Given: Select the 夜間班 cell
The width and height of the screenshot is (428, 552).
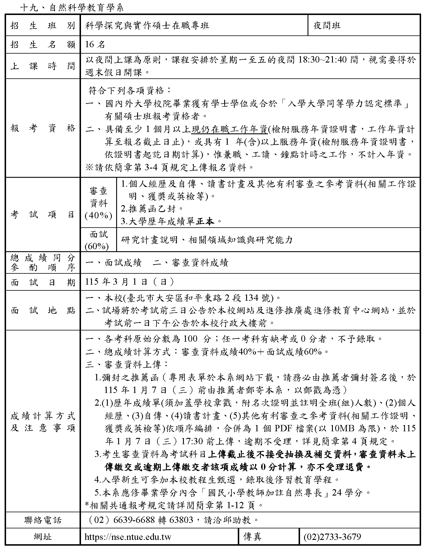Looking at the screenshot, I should point(327,26).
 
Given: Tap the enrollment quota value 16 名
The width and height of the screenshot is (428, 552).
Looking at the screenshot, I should point(95,45).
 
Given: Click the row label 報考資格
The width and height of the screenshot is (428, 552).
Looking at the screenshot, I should point(43,128).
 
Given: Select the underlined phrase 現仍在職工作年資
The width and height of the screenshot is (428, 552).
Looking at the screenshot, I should point(229,130).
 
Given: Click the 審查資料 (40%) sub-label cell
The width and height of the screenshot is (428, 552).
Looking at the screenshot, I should point(98,203).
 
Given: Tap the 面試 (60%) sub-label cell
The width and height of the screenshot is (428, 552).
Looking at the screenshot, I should point(98,240).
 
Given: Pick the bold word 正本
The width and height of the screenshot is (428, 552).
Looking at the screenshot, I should point(205,221).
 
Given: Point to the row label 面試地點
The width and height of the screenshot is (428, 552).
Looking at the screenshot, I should point(43,310).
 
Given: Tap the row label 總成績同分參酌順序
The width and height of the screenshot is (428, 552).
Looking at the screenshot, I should point(43,262).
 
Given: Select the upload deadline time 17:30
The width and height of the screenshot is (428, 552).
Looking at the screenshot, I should point(192,441).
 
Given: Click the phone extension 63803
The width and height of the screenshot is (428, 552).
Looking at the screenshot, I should point(181,520).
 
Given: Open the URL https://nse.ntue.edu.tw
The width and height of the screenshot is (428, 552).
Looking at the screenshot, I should point(128,537).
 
